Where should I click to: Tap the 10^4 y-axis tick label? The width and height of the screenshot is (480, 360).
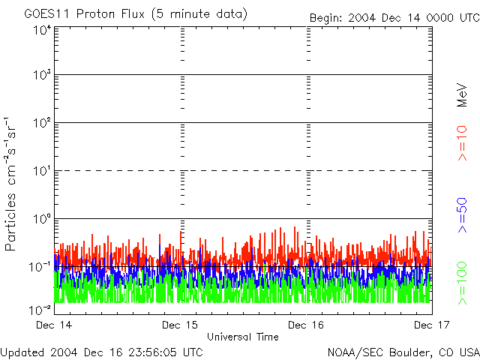pos(41,31)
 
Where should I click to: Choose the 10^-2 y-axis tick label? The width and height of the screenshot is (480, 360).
pos(40,309)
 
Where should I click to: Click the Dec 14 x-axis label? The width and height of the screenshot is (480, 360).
pos(54,325)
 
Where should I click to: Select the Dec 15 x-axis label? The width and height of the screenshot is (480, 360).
pos(181,325)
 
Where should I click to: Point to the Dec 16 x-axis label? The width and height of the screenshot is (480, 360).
pos(307,325)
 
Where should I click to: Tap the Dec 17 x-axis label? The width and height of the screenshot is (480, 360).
pos(432,325)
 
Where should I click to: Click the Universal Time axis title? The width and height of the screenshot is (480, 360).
pos(242,337)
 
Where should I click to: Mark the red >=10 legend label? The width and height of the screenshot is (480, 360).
pos(462,143)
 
